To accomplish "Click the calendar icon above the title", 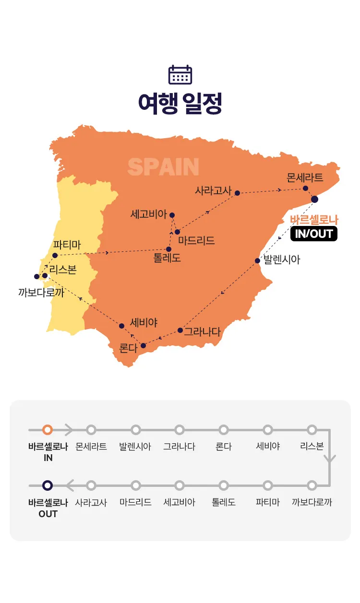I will tap(180, 75).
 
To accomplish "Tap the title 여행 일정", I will tap(180, 104).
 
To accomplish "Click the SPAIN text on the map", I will tap(163, 167).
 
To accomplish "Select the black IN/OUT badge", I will tap(313, 234).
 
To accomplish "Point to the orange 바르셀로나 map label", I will tap(314, 220).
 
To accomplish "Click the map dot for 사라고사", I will tap(237, 193).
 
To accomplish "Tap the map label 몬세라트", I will tap(305, 178).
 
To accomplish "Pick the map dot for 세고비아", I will tap(172, 215).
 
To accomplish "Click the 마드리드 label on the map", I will tap(196, 241).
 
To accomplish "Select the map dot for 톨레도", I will tap(168, 249).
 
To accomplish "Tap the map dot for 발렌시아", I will tap(257, 261).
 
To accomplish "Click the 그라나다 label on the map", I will tap(202, 331).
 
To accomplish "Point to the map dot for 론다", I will tap(143, 345).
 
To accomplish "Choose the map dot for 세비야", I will tap(121, 326).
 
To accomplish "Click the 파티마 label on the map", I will tap(67, 245).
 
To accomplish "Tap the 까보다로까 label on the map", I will tap(41, 292).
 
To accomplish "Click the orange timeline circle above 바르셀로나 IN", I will tap(48, 430).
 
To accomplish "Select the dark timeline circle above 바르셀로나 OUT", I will tap(48, 485).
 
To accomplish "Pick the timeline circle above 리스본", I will tap(312, 430).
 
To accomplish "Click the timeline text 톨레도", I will tap(224, 503).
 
